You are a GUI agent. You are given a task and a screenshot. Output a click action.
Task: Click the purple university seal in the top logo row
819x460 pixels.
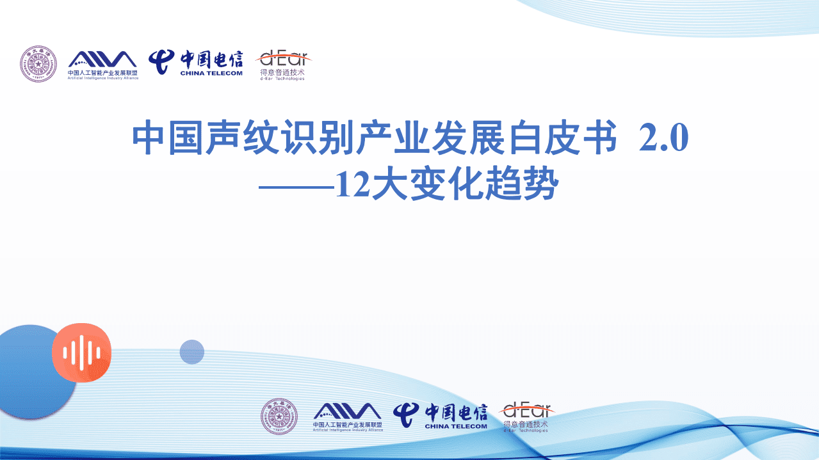click(38, 64)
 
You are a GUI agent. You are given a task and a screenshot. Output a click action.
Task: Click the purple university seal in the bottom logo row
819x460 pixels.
click(279, 416)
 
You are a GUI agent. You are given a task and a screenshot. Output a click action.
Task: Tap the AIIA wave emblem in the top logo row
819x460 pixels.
click(102, 59)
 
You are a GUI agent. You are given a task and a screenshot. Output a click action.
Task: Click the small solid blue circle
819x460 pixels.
click(191, 352)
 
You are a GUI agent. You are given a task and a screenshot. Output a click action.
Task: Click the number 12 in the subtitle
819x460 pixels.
click(351, 186)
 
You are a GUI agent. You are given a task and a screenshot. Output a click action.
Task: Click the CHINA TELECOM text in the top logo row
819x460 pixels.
click(211, 73)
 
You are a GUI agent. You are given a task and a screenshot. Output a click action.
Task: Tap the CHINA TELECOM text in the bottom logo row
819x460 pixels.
click(455, 426)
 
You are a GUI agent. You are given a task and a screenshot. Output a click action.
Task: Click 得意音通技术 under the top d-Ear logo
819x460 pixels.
click(282, 72)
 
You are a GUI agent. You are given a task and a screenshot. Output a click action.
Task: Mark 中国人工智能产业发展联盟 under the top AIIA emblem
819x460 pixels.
click(102, 72)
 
